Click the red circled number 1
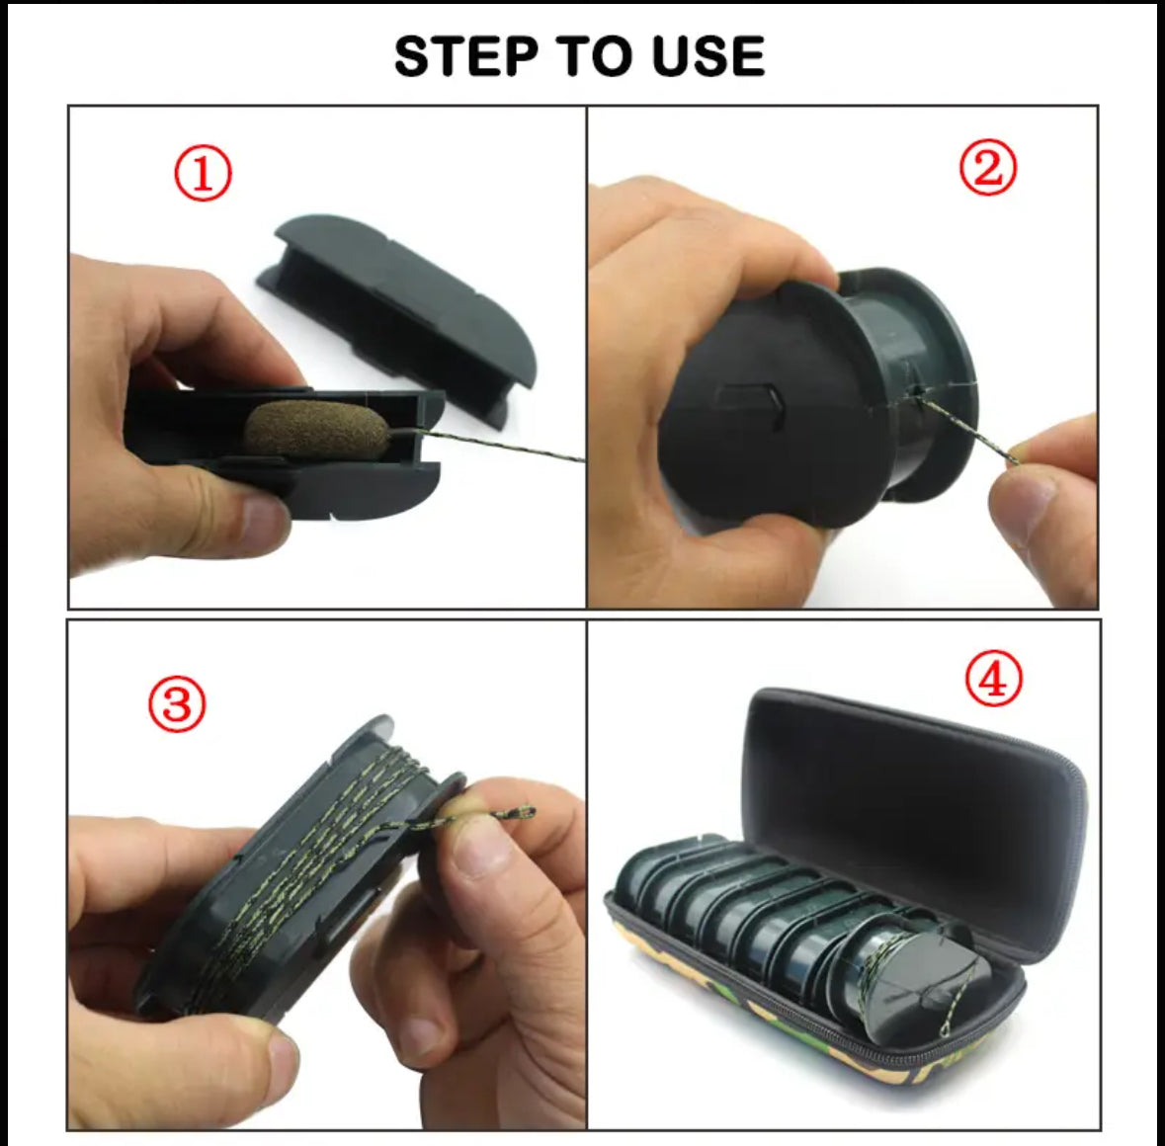click(x=203, y=175)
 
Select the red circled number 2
click(x=987, y=168)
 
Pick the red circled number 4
click(x=993, y=682)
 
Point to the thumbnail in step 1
click(x=263, y=520)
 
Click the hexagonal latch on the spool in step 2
click(x=752, y=403)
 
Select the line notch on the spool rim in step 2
click(x=922, y=393)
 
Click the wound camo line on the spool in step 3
click(x=326, y=850)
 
